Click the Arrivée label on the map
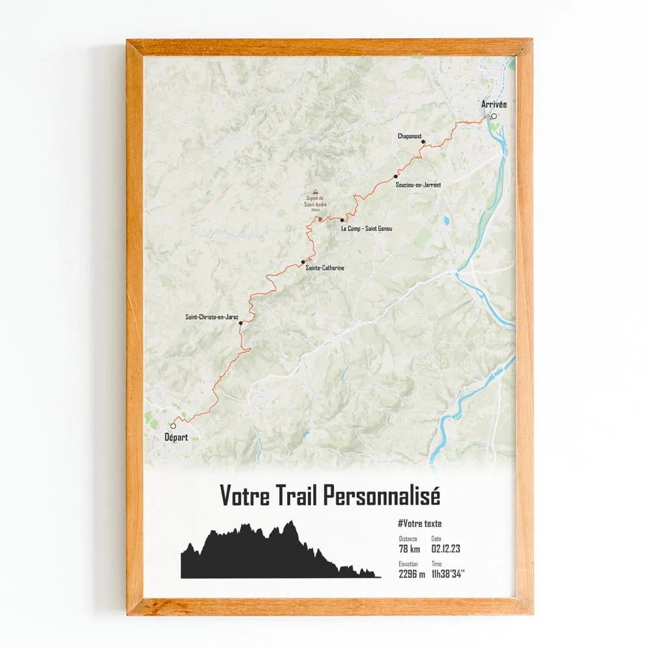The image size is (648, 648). (494, 104)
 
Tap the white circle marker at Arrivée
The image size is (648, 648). (494, 117)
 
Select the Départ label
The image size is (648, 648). (176, 437)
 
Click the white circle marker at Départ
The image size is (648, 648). (173, 426)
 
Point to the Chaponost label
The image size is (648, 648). (410, 137)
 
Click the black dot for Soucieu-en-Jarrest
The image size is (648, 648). (396, 176)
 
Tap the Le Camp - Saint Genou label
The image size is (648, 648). (367, 229)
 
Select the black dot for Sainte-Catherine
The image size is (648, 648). (303, 262)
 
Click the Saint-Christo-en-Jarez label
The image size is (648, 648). (212, 317)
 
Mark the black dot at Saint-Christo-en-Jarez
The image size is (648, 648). (240, 323)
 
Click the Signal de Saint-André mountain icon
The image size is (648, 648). (316, 192)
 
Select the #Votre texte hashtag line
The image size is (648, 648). (420, 524)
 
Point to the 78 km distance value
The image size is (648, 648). (410, 550)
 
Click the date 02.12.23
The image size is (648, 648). (446, 550)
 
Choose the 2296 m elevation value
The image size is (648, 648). (412, 574)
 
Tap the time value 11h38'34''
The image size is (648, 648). (448, 574)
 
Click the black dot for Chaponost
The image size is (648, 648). (422, 141)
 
